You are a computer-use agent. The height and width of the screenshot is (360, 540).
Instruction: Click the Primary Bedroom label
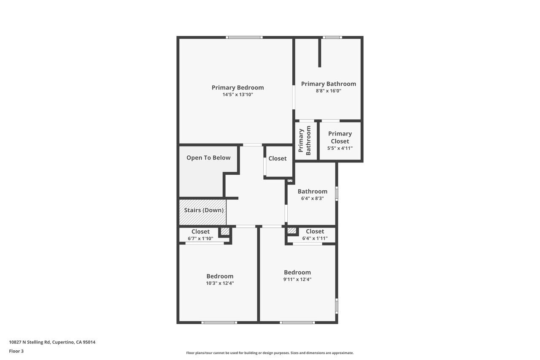[238, 87]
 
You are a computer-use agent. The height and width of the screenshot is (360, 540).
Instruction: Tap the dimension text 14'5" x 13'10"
[238, 95]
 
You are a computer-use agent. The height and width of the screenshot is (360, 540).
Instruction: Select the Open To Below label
[208, 158]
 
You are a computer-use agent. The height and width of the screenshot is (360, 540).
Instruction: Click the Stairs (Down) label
[204, 210]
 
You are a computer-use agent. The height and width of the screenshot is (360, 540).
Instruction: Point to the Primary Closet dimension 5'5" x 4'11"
[340, 148]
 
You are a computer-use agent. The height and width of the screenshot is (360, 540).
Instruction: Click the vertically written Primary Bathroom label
[305, 141]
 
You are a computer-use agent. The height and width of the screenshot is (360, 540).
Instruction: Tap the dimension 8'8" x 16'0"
[329, 91]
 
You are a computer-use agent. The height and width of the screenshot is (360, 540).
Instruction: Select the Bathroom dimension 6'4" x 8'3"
[313, 198]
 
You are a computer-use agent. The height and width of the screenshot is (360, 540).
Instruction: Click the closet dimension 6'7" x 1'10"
[200, 239]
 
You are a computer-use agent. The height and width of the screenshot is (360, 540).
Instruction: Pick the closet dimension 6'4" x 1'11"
[315, 238]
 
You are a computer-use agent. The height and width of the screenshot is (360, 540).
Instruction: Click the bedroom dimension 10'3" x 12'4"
[220, 283]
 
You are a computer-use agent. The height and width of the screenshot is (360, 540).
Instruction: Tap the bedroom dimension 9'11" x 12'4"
[297, 279]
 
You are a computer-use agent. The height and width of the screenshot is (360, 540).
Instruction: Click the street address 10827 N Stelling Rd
[30, 342]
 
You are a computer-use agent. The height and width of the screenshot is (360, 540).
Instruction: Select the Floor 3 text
[16, 351]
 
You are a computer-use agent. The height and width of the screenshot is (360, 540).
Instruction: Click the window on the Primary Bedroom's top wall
[244, 38]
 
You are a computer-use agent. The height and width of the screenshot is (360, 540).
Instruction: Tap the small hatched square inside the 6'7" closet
[225, 231]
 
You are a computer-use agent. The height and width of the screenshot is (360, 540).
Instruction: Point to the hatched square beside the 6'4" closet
[292, 231]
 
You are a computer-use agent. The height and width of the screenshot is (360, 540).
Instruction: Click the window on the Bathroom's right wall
[337, 194]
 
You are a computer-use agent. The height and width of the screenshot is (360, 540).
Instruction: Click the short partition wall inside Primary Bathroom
[320, 53]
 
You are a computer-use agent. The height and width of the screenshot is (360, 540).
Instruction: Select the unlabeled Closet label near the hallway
[278, 158]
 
